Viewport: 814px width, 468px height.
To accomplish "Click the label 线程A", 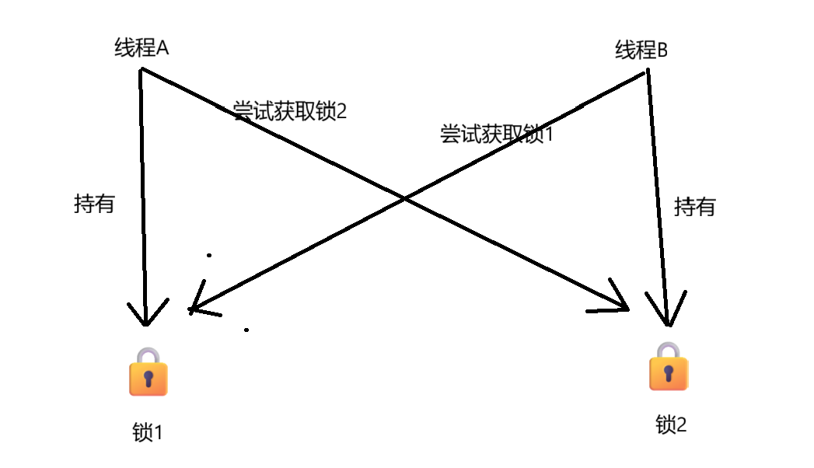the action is (x=141, y=48).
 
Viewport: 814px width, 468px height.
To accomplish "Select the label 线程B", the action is (x=641, y=51).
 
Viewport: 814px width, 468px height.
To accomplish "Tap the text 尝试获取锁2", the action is (x=289, y=111).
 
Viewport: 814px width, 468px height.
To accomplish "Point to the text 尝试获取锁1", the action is (x=496, y=134).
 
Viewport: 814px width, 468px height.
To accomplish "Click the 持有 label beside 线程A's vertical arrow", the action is (x=94, y=204).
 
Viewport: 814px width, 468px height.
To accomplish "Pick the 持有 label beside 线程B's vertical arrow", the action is (x=694, y=207).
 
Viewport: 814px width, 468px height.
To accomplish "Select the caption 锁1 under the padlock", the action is (x=148, y=431).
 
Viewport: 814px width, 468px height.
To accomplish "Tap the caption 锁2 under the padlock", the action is (x=671, y=424).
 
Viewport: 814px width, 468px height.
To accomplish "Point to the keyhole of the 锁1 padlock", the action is (x=148, y=380).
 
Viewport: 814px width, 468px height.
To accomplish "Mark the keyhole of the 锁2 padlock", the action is (x=669, y=374).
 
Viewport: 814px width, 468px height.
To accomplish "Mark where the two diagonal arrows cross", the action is (x=405, y=199).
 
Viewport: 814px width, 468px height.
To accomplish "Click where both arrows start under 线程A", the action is (x=141, y=70).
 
